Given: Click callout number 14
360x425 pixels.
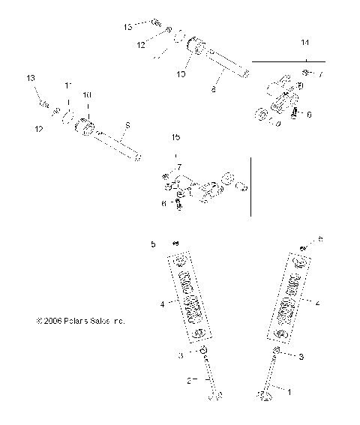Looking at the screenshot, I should [x=304, y=42].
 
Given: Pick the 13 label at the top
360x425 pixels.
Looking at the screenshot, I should [x=128, y=26].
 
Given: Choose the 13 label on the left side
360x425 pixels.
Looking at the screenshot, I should [x=31, y=79].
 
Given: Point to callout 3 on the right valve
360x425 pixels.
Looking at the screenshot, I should [x=301, y=358].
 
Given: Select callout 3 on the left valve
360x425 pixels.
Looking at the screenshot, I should [x=179, y=355].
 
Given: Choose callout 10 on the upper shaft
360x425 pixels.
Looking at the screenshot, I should [x=180, y=74].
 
